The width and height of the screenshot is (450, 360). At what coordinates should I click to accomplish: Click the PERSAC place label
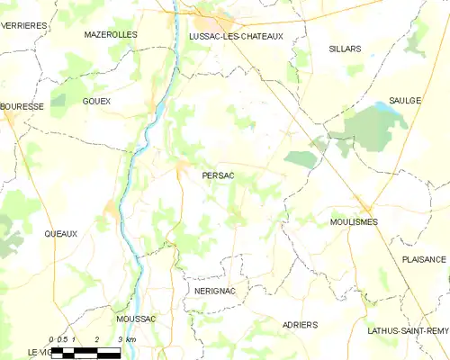(219, 175)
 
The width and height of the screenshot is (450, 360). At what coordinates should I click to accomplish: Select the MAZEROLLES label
(111, 34)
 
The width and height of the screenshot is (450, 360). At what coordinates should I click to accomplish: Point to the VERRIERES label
(23, 27)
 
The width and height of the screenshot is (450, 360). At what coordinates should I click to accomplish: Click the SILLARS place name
(345, 48)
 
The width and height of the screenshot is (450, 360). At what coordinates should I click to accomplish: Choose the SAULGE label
(405, 101)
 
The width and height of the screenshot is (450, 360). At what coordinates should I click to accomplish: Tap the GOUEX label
(95, 101)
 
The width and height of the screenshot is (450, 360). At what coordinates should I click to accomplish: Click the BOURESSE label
(22, 106)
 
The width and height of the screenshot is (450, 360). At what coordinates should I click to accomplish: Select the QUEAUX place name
(60, 233)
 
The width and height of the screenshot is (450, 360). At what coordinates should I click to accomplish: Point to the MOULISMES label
(354, 221)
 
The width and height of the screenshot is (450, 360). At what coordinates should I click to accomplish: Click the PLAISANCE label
(424, 259)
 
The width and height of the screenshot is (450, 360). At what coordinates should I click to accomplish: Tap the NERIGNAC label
(214, 292)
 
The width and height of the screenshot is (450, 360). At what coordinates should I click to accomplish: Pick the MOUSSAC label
(136, 319)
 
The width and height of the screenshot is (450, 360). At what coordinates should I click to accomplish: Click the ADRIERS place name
(300, 324)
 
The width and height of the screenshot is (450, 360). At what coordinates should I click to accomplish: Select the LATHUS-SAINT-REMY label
(408, 330)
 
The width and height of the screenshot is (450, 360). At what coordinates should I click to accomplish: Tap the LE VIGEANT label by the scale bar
(38, 351)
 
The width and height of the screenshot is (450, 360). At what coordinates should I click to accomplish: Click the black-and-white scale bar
(85, 352)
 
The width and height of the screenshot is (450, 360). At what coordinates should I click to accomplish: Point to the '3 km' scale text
(127, 339)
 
